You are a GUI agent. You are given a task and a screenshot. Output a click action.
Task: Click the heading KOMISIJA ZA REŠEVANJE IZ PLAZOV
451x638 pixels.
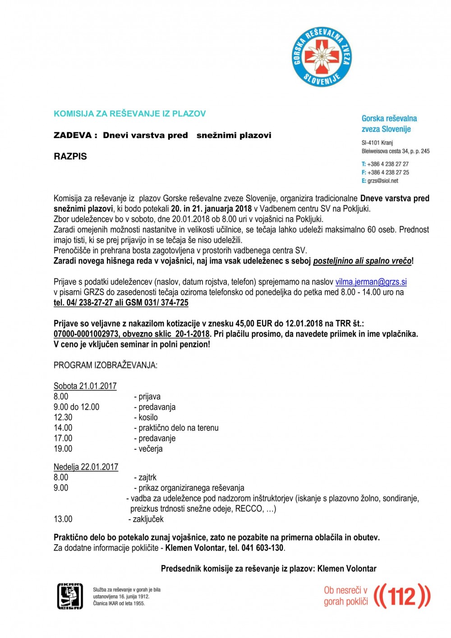tap(129, 114)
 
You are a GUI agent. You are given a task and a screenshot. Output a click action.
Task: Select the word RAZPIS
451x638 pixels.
tap(70, 157)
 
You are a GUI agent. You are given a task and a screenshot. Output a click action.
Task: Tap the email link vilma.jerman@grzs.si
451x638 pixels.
tap(371, 282)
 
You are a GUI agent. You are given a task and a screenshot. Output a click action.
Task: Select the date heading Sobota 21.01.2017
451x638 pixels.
tap(85, 386)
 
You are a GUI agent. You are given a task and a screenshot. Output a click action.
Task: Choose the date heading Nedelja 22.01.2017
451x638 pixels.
tap(86, 467)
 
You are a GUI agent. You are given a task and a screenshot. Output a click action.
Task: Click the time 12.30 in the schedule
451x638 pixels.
tap(63, 417)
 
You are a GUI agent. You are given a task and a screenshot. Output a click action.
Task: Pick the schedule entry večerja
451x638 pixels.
tap(150, 449)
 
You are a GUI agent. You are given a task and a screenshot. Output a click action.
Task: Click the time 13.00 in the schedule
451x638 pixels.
tap(63, 519)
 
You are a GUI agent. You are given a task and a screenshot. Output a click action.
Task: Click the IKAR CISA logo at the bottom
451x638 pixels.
tap(70, 596)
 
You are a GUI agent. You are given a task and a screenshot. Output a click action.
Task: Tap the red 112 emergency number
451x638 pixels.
tap(401, 596)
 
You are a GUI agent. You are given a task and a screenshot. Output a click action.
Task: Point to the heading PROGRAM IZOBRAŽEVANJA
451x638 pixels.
tap(106, 365)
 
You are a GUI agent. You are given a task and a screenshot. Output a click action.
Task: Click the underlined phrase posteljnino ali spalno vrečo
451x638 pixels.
tap(362, 261)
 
